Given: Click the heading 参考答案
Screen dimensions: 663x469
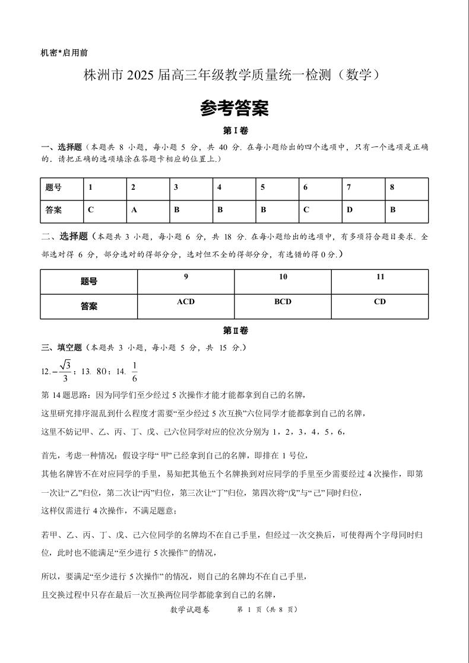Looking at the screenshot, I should tap(234, 108).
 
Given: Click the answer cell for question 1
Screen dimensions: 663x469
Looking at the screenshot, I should tap(91, 210).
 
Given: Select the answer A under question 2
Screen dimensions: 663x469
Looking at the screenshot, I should tap(134, 210).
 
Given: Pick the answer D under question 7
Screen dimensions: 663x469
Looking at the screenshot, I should tap(349, 210).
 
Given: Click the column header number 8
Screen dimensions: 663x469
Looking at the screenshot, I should tap(392, 187).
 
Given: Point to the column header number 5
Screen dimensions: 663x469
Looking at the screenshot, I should tap(263, 187).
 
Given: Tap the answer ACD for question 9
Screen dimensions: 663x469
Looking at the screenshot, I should tap(186, 302).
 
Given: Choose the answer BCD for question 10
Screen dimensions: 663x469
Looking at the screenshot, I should tap(283, 302).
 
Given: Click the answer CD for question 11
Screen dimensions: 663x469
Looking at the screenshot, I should tap(380, 302).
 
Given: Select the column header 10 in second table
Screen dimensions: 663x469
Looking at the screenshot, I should tap(283, 277).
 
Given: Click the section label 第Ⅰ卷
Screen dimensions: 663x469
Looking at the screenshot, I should tap(235, 130).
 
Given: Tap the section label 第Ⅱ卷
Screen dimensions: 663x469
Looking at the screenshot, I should tap(235, 331).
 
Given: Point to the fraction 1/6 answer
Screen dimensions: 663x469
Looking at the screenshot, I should tap(135, 371).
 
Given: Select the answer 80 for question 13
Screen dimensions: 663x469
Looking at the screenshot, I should tap(102, 372).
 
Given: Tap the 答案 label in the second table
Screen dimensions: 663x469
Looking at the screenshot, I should tap(88, 306).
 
